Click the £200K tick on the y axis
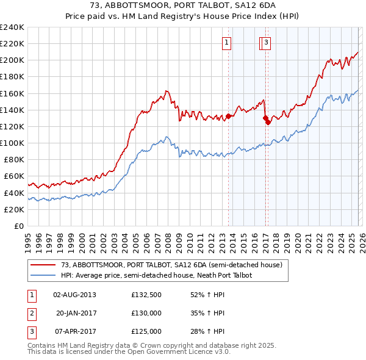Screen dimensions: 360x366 12,60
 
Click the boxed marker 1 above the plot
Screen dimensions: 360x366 227,43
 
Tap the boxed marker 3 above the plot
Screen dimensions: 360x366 267,43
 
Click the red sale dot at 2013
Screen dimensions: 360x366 228,116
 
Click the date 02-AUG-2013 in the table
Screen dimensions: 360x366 74,295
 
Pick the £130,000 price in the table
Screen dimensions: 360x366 146,313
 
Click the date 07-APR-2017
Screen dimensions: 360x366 74,331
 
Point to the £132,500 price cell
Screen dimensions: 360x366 146,295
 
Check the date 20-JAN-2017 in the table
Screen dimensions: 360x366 74,313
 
